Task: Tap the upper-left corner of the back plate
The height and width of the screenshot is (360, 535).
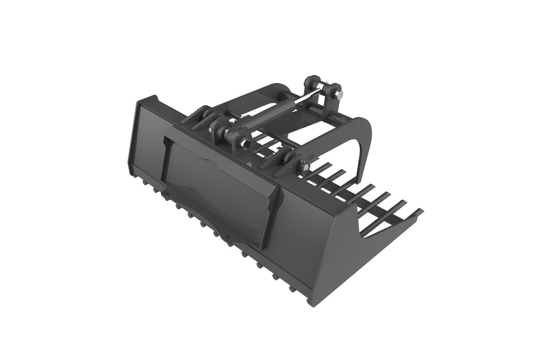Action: (139, 102)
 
